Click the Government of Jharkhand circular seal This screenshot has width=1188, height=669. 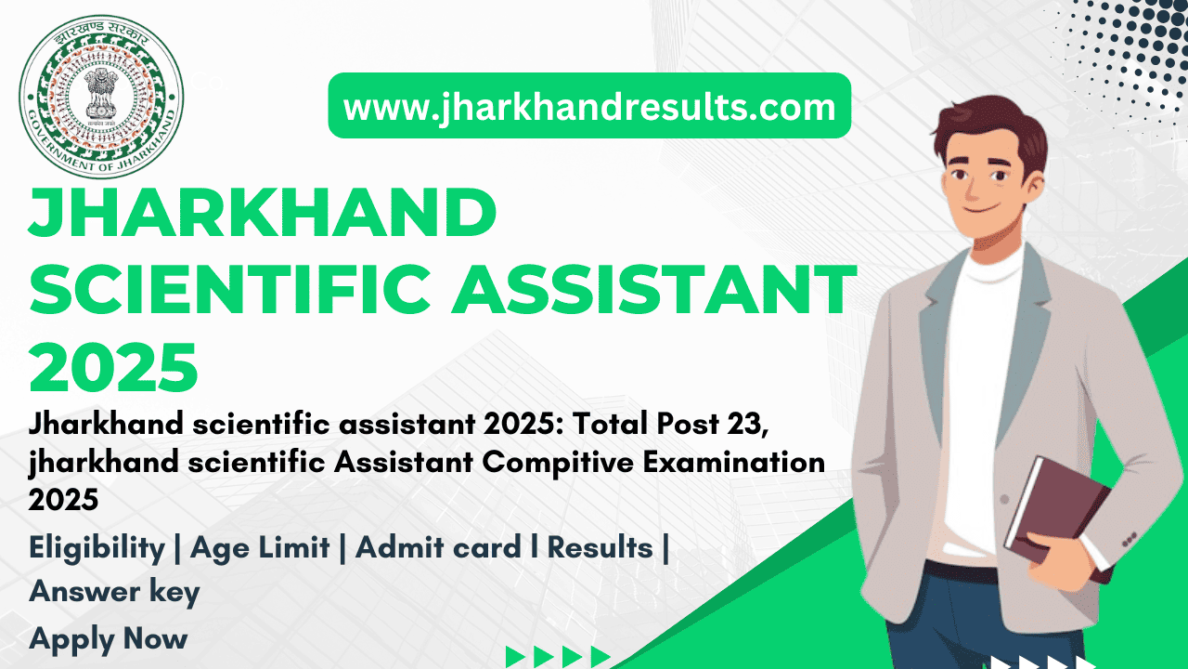[x=101, y=98]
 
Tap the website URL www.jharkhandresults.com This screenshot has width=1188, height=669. [x=589, y=107]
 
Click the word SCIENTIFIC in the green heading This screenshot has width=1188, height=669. [x=229, y=290]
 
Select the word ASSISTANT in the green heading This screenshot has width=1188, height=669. [x=653, y=290]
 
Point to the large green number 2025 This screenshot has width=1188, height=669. [x=113, y=368]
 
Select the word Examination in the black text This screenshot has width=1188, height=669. [x=734, y=462]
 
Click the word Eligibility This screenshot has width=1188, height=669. [x=97, y=548]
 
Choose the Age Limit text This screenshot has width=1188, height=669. [x=260, y=548]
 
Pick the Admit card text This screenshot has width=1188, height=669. [x=438, y=547]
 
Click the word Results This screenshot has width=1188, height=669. [x=600, y=547]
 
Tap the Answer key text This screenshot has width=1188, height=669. [x=114, y=593]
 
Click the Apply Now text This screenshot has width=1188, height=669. [x=109, y=639]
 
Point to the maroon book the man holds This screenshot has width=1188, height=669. [x=1058, y=518]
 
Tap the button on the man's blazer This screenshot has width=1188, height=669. [x=1004, y=499]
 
